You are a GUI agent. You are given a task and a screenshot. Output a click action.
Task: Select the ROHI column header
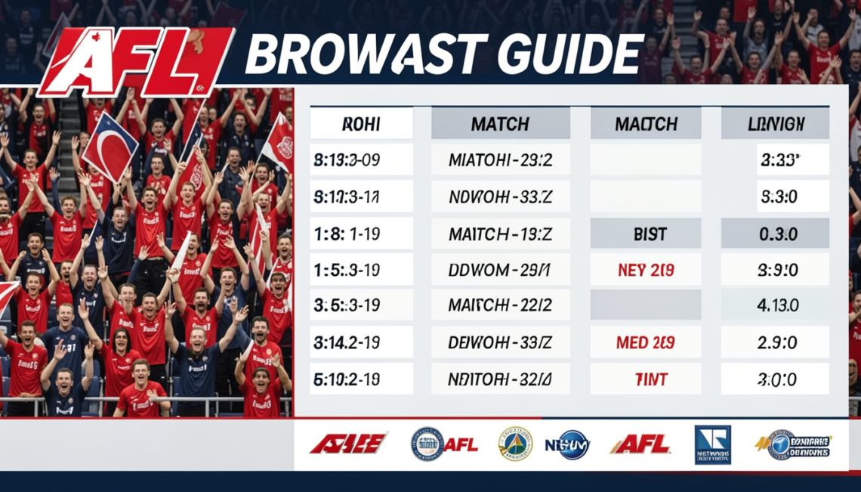click(x=362, y=123)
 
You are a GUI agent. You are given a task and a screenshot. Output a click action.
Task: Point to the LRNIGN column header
click(x=775, y=123)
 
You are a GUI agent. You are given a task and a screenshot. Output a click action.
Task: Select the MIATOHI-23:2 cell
click(x=500, y=160)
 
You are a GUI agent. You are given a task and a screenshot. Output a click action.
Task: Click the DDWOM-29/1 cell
click(x=500, y=270)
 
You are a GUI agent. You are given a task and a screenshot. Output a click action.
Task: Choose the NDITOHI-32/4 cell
click(x=500, y=379)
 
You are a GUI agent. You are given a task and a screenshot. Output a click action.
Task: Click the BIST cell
click(x=645, y=234)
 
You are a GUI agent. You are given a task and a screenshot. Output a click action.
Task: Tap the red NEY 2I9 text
click(x=645, y=270)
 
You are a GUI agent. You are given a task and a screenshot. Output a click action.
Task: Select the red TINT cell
click(x=645, y=379)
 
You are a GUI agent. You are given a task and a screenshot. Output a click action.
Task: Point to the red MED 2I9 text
click(x=645, y=342)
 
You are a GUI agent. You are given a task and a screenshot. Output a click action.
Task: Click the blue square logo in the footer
click(x=712, y=444)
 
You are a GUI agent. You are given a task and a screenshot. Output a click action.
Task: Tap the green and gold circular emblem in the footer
click(x=515, y=444)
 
